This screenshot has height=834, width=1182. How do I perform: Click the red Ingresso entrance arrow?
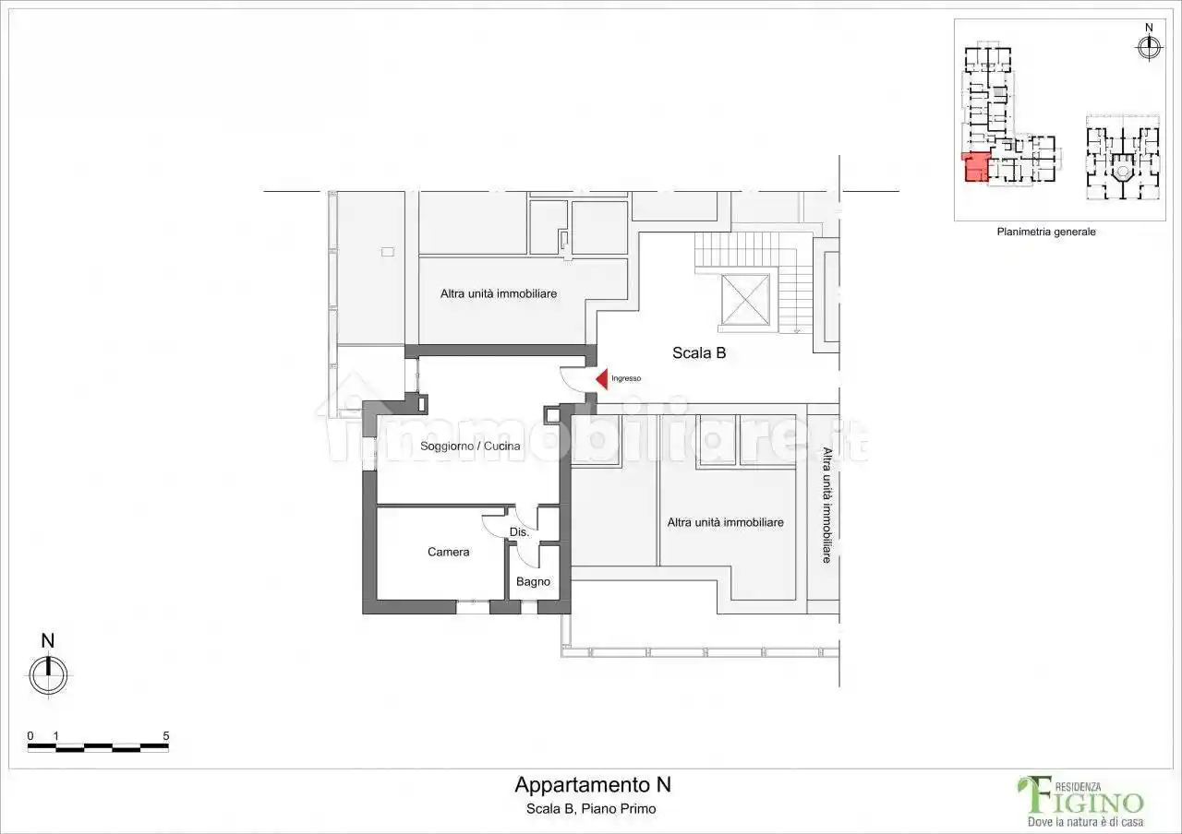(602, 378)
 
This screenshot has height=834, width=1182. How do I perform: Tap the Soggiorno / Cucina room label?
(470, 446)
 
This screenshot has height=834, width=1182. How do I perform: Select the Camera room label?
(448, 552)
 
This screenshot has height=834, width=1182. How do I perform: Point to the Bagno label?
(533, 581)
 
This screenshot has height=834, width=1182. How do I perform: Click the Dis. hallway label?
(519, 532)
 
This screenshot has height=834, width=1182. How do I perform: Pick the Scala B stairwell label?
(699, 352)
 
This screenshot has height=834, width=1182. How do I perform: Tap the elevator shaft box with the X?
(745, 299)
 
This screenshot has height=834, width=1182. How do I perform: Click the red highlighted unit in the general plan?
(975, 168)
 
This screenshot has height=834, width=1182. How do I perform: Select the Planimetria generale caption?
(1046, 232)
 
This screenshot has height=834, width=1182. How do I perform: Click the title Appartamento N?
(593, 785)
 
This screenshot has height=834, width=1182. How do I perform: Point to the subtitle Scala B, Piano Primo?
(591, 809)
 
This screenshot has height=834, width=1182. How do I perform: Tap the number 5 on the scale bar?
(165, 735)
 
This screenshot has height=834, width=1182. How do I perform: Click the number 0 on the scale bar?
(30, 735)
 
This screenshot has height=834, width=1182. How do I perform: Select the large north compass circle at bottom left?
(48, 675)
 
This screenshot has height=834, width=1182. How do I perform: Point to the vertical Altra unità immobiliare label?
(826, 505)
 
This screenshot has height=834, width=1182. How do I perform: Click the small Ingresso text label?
(626, 378)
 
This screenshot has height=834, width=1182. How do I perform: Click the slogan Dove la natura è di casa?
(1085, 821)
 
